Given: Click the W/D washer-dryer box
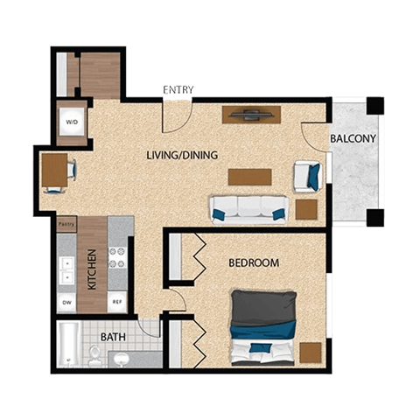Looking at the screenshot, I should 71,122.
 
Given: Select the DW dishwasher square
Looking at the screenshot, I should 66,303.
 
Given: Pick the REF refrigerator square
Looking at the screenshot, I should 117,303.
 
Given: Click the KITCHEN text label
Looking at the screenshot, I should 91,269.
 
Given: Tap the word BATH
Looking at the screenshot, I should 112,337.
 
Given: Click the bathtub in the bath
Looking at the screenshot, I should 68,345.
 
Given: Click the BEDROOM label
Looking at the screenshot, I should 254,262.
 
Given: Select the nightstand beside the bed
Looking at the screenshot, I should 310,353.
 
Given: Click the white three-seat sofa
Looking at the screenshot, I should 248,208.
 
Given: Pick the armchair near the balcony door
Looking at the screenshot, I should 307,176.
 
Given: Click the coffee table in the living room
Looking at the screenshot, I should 250,176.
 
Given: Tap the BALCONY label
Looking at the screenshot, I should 353,139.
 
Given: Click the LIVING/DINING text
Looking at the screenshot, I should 182,155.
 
